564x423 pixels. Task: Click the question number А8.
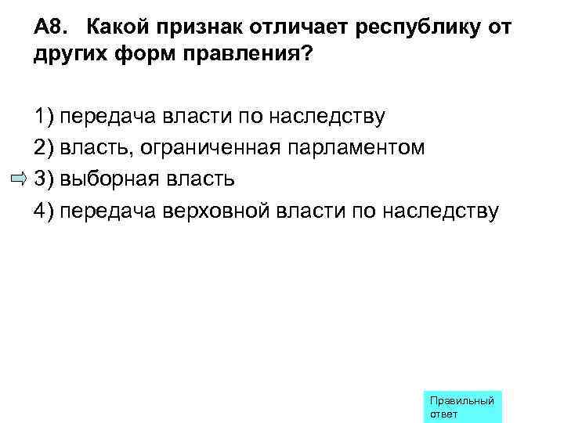click(x=52, y=29)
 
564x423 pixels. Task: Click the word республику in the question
click(x=418, y=30)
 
